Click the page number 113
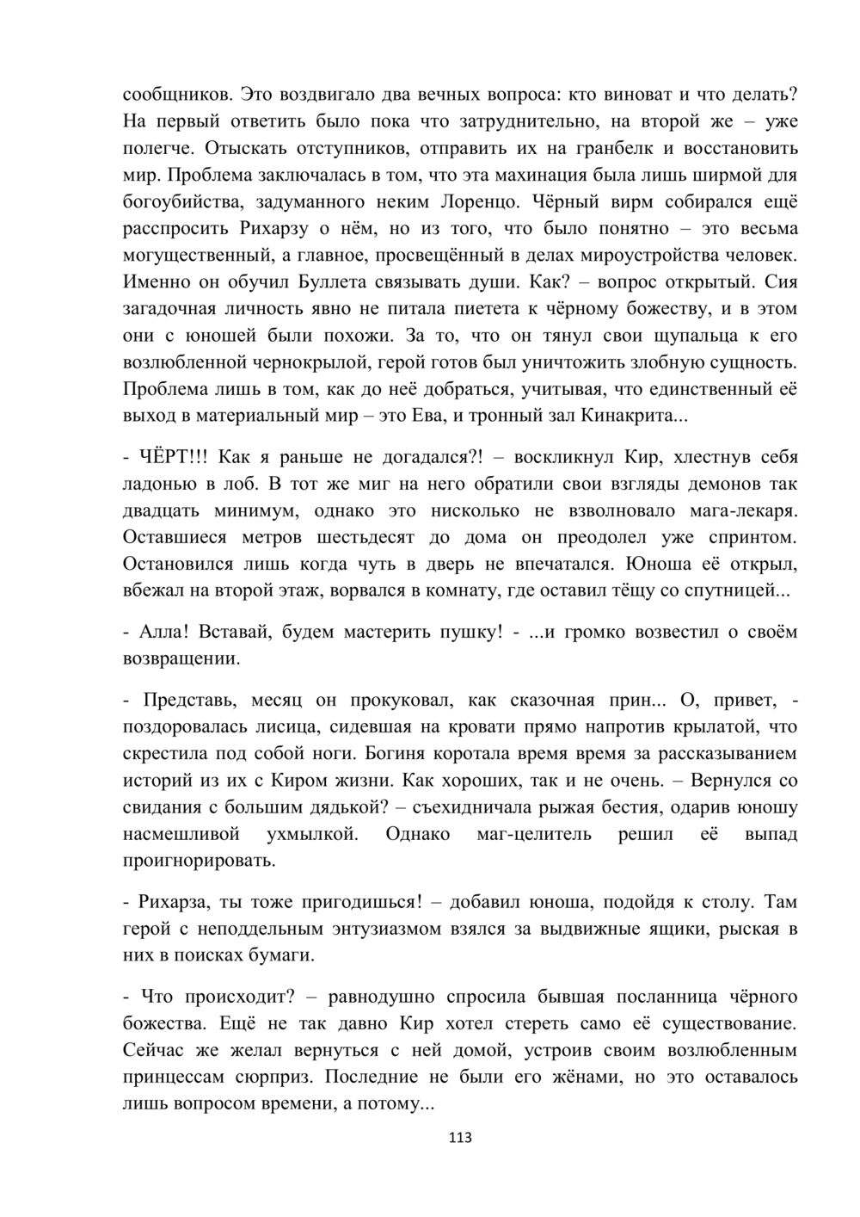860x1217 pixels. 460,1138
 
